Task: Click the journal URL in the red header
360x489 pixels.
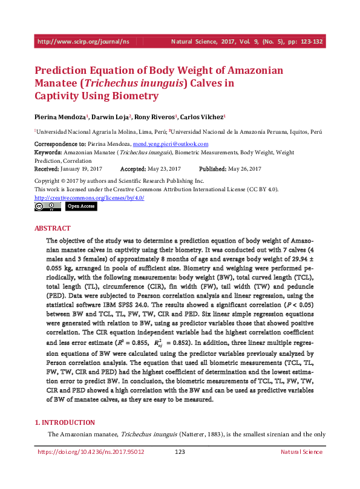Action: pyautogui.click(x=83, y=42)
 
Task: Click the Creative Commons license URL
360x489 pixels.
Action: pyautogui.click(x=89, y=197)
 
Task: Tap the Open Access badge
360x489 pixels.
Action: pyautogui.click(x=80, y=206)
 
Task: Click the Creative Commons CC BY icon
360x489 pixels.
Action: pyautogui.click(x=47, y=206)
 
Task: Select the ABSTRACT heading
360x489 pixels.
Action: pyautogui.click(x=48, y=229)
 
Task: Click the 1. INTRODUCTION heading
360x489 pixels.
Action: pyautogui.click(x=64, y=422)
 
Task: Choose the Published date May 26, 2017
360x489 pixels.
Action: pyautogui.click(x=245, y=168)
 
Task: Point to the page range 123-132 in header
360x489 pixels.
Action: pyautogui.click(x=308, y=42)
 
